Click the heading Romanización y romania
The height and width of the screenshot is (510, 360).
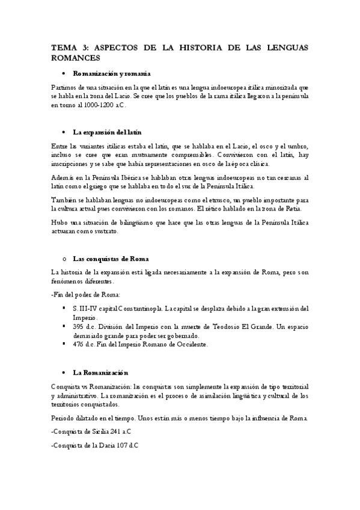pos(111,73)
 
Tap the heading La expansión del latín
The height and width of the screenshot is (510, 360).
pos(107,132)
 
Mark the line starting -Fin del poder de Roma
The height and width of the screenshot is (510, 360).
pos(85,294)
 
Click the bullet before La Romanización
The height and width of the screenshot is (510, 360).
pos(63,373)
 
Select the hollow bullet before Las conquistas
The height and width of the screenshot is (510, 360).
pos(63,259)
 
